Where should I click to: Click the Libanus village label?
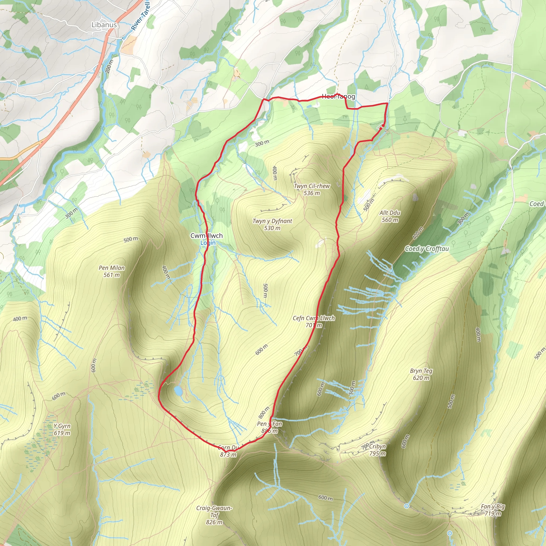pyautogui.click(x=104, y=25)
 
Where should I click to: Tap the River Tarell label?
pyautogui.click(x=141, y=16)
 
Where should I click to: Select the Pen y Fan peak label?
pyautogui.click(x=269, y=427)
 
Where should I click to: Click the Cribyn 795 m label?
pyautogui.click(x=377, y=450)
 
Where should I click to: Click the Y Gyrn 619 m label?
pyautogui.click(x=62, y=429)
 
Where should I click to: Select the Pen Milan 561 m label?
pyautogui.click(x=112, y=271)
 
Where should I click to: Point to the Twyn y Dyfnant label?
pyautogui.click(x=272, y=224)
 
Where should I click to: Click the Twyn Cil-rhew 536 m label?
pyautogui.click(x=312, y=189)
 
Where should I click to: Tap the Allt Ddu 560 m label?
pyautogui.click(x=390, y=216)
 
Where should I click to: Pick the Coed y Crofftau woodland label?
pyautogui.click(x=427, y=249)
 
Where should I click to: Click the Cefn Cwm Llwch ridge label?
pyautogui.click(x=314, y=321)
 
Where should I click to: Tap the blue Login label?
pyautogui.click(x=208, y=243)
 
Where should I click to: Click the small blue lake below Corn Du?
pyautogui.click(x=178, y=391)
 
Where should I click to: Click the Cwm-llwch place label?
pyautogui.click(x=206, y=236)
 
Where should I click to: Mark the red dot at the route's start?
pyautogui.click(x=383, y=126)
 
